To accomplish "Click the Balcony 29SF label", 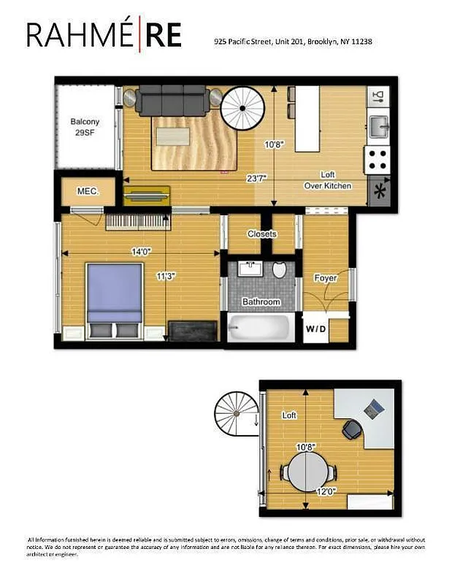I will coord(85,127).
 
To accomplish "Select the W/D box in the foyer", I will coord(315,328).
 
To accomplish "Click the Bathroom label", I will coord(261,301).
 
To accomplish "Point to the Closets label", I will coord(261,234).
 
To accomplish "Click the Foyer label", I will coord(324,278).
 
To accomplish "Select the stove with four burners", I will coord(378,158).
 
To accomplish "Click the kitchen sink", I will coord(378,126).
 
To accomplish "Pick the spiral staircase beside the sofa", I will coord(243,108).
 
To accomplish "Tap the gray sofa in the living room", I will coord(172,99).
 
